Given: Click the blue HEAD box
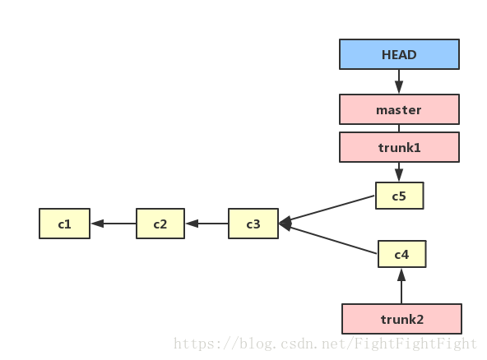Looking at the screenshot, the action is coord(399,54).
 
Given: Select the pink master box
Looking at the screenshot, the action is coord(399,109).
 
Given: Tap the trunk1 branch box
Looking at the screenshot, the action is coord(399,147).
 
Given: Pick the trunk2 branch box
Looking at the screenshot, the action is coord(401,319).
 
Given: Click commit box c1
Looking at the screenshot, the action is coord(65,224).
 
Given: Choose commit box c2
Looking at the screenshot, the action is coord(160,224).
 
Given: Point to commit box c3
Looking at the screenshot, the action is coord(253,224).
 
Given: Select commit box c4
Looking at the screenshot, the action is coord(402,254).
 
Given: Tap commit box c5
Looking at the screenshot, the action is coord(400,196).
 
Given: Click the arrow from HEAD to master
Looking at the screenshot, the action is coord(399,81).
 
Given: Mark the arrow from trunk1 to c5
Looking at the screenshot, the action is coord(399,172).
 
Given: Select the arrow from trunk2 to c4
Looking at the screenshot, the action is coord(401,286).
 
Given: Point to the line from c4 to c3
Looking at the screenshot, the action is coord(328,238).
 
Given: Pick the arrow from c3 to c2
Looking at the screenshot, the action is coord(206,224).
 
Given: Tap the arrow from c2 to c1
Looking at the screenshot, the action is coord(114,224).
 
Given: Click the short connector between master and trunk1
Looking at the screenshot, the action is coord(399,128).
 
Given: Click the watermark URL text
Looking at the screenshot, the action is coord(325,344).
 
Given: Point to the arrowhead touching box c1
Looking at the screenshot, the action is coord(97,224).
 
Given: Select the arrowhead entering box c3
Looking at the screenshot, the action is coord(285,223).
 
